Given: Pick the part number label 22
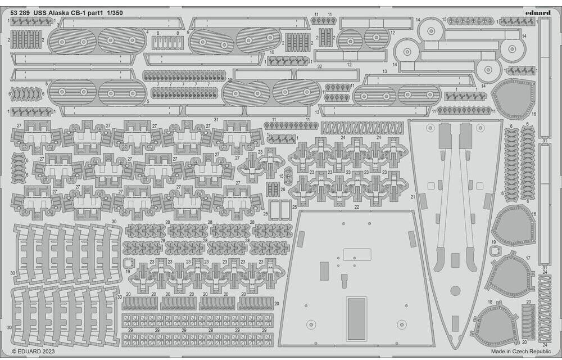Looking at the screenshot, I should pos(356,207).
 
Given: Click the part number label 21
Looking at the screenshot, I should pos(412,197).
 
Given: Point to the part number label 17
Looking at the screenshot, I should pos(528,258).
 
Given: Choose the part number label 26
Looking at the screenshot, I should pos(282,190).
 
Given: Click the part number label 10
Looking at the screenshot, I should pos(271,52).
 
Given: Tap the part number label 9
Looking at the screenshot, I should pos(187,32).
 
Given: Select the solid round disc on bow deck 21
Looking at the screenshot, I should pos(455,291).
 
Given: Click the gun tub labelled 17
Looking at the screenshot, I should pos(509,274).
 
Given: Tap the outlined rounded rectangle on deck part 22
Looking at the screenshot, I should pos(357,254).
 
